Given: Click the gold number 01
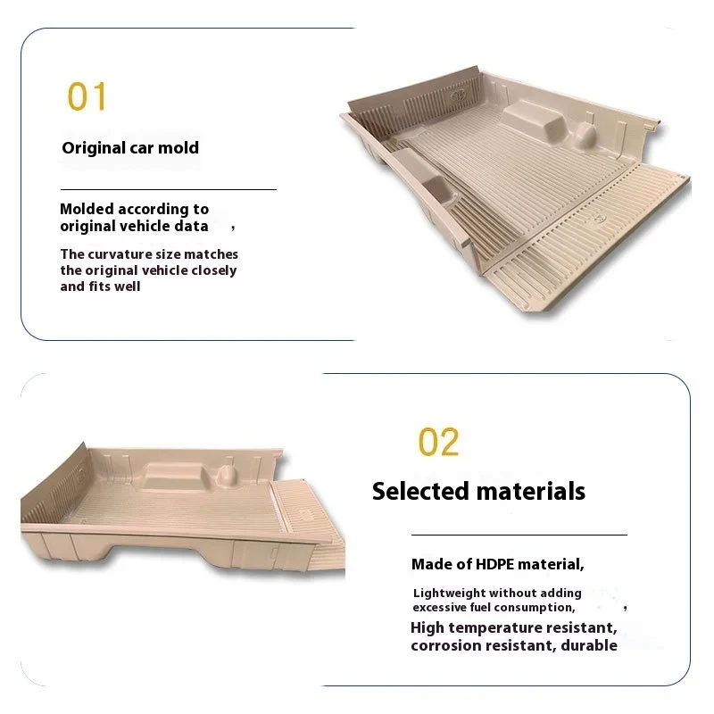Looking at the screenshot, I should [x=87, y=96].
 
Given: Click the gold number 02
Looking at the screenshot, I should [x=438, y=442].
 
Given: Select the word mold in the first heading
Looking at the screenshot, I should [x=178, y=147].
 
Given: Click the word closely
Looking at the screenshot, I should [x=215, y=270].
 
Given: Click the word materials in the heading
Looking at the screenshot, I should [x=530, y=491].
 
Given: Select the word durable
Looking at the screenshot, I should [x=588, y=645].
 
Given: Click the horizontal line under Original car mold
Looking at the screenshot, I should [x=168, y=189].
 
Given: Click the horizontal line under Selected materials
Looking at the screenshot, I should [x=519, y=534].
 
